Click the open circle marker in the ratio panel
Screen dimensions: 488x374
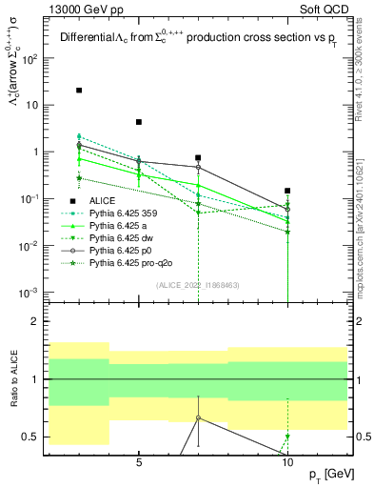pyautogui.click(x=198, y=417)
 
